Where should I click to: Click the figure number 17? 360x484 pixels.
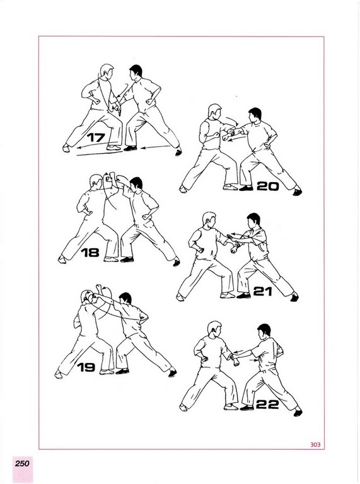(x=96, y=137)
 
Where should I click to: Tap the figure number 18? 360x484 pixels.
(x=90, y=253)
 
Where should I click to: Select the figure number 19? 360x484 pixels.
(x=86, y=367)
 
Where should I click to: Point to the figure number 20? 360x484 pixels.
(x=268, y=186)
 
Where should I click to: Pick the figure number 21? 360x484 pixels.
(x=262, y=291)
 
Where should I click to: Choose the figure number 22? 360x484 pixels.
(x=267, y=405)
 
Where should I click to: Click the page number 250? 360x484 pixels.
(x=22, y=463)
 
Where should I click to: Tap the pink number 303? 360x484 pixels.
(x=315, y=444)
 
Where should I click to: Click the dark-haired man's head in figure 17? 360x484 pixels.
(x=135, y=72)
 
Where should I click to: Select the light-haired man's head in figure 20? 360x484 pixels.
(x=214, y=112)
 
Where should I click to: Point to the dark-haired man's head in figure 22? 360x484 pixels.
(x=264, y=331)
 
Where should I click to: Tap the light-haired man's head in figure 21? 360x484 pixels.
(x=209, y=219)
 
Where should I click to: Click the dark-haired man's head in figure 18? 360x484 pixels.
(x=136, y=184)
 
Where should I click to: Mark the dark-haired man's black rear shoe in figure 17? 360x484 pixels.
(x=178, y=152)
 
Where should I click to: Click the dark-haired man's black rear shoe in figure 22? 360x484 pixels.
(x=298, y=412)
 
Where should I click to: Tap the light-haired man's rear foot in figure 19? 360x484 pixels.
(x=59, y=374)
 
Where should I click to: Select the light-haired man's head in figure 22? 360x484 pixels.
(x=214, y=329)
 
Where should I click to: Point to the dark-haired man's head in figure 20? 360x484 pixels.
(x=255, y=115)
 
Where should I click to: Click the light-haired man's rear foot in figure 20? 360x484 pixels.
(x=183, y=189)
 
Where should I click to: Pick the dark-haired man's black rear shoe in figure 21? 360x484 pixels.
(x=294, y=297)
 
